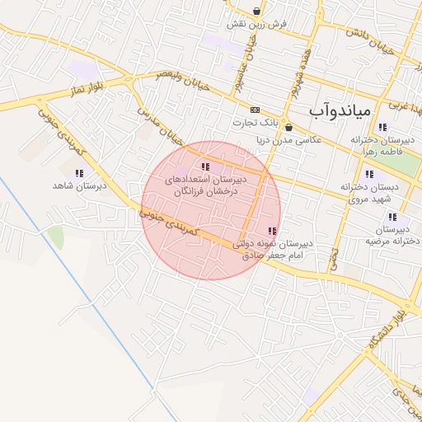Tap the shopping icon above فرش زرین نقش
[x=259, y=12]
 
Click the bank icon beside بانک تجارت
[x=255, y=110]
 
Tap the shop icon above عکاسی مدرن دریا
[x=288, y=128]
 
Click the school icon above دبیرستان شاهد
[x=80, y=174]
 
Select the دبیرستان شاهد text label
[x=80, y=186]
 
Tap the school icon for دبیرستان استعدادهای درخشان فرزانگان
[x=205, y=167]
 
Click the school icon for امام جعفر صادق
[x=272, y=231]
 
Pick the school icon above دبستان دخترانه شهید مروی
[x=368, y=174]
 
